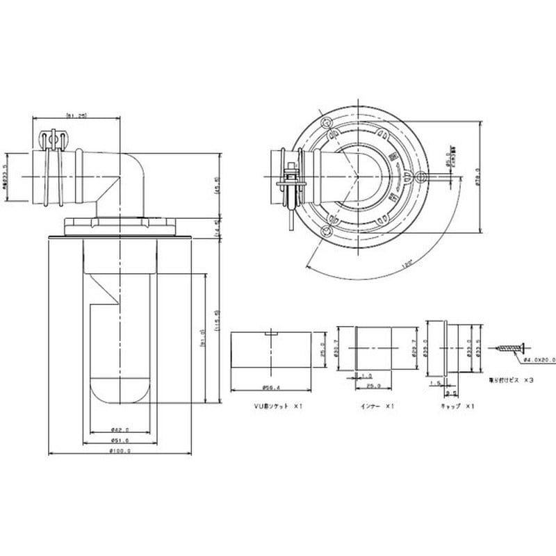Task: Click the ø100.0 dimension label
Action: (121, 450)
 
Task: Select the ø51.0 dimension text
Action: (121, 441)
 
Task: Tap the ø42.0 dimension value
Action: (121, 429)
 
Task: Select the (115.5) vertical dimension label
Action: (218, 320)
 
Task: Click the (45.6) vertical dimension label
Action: (218, 186)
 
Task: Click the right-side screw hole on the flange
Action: (420, 177)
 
